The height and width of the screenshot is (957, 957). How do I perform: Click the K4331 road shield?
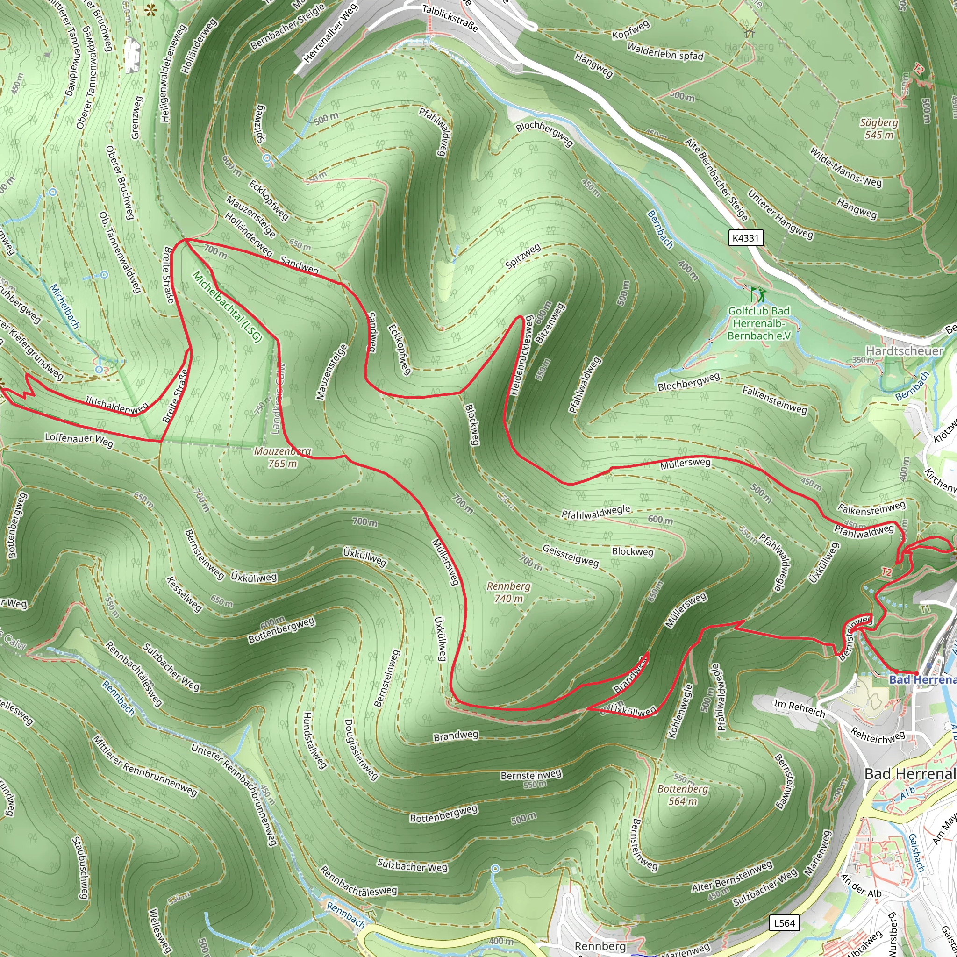(x=745, y=238)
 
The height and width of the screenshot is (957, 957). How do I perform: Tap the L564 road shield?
(x=784, y=923)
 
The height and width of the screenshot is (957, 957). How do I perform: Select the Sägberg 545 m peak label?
(x=879, y=129)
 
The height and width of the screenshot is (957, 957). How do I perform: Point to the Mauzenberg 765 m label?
(x=282, y=457)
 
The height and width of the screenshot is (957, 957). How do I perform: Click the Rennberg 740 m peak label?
(x=508, y=592)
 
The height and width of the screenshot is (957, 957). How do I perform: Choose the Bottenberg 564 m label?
(x=682, y=794)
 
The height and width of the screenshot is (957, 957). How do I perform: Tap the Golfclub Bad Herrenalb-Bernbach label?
(x=758, y=323)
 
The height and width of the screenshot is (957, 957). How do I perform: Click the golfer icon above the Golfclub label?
(x=757, y=294)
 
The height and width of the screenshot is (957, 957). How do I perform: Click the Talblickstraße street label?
(x=450, y=18)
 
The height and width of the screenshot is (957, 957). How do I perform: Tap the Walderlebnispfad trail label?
(x=665, y=51)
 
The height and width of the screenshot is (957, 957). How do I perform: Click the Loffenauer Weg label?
(x=79, y=439)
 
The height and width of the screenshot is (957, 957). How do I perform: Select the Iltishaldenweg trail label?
(x=117, y=404)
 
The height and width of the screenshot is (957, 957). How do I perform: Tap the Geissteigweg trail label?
(x=570, y=555)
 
